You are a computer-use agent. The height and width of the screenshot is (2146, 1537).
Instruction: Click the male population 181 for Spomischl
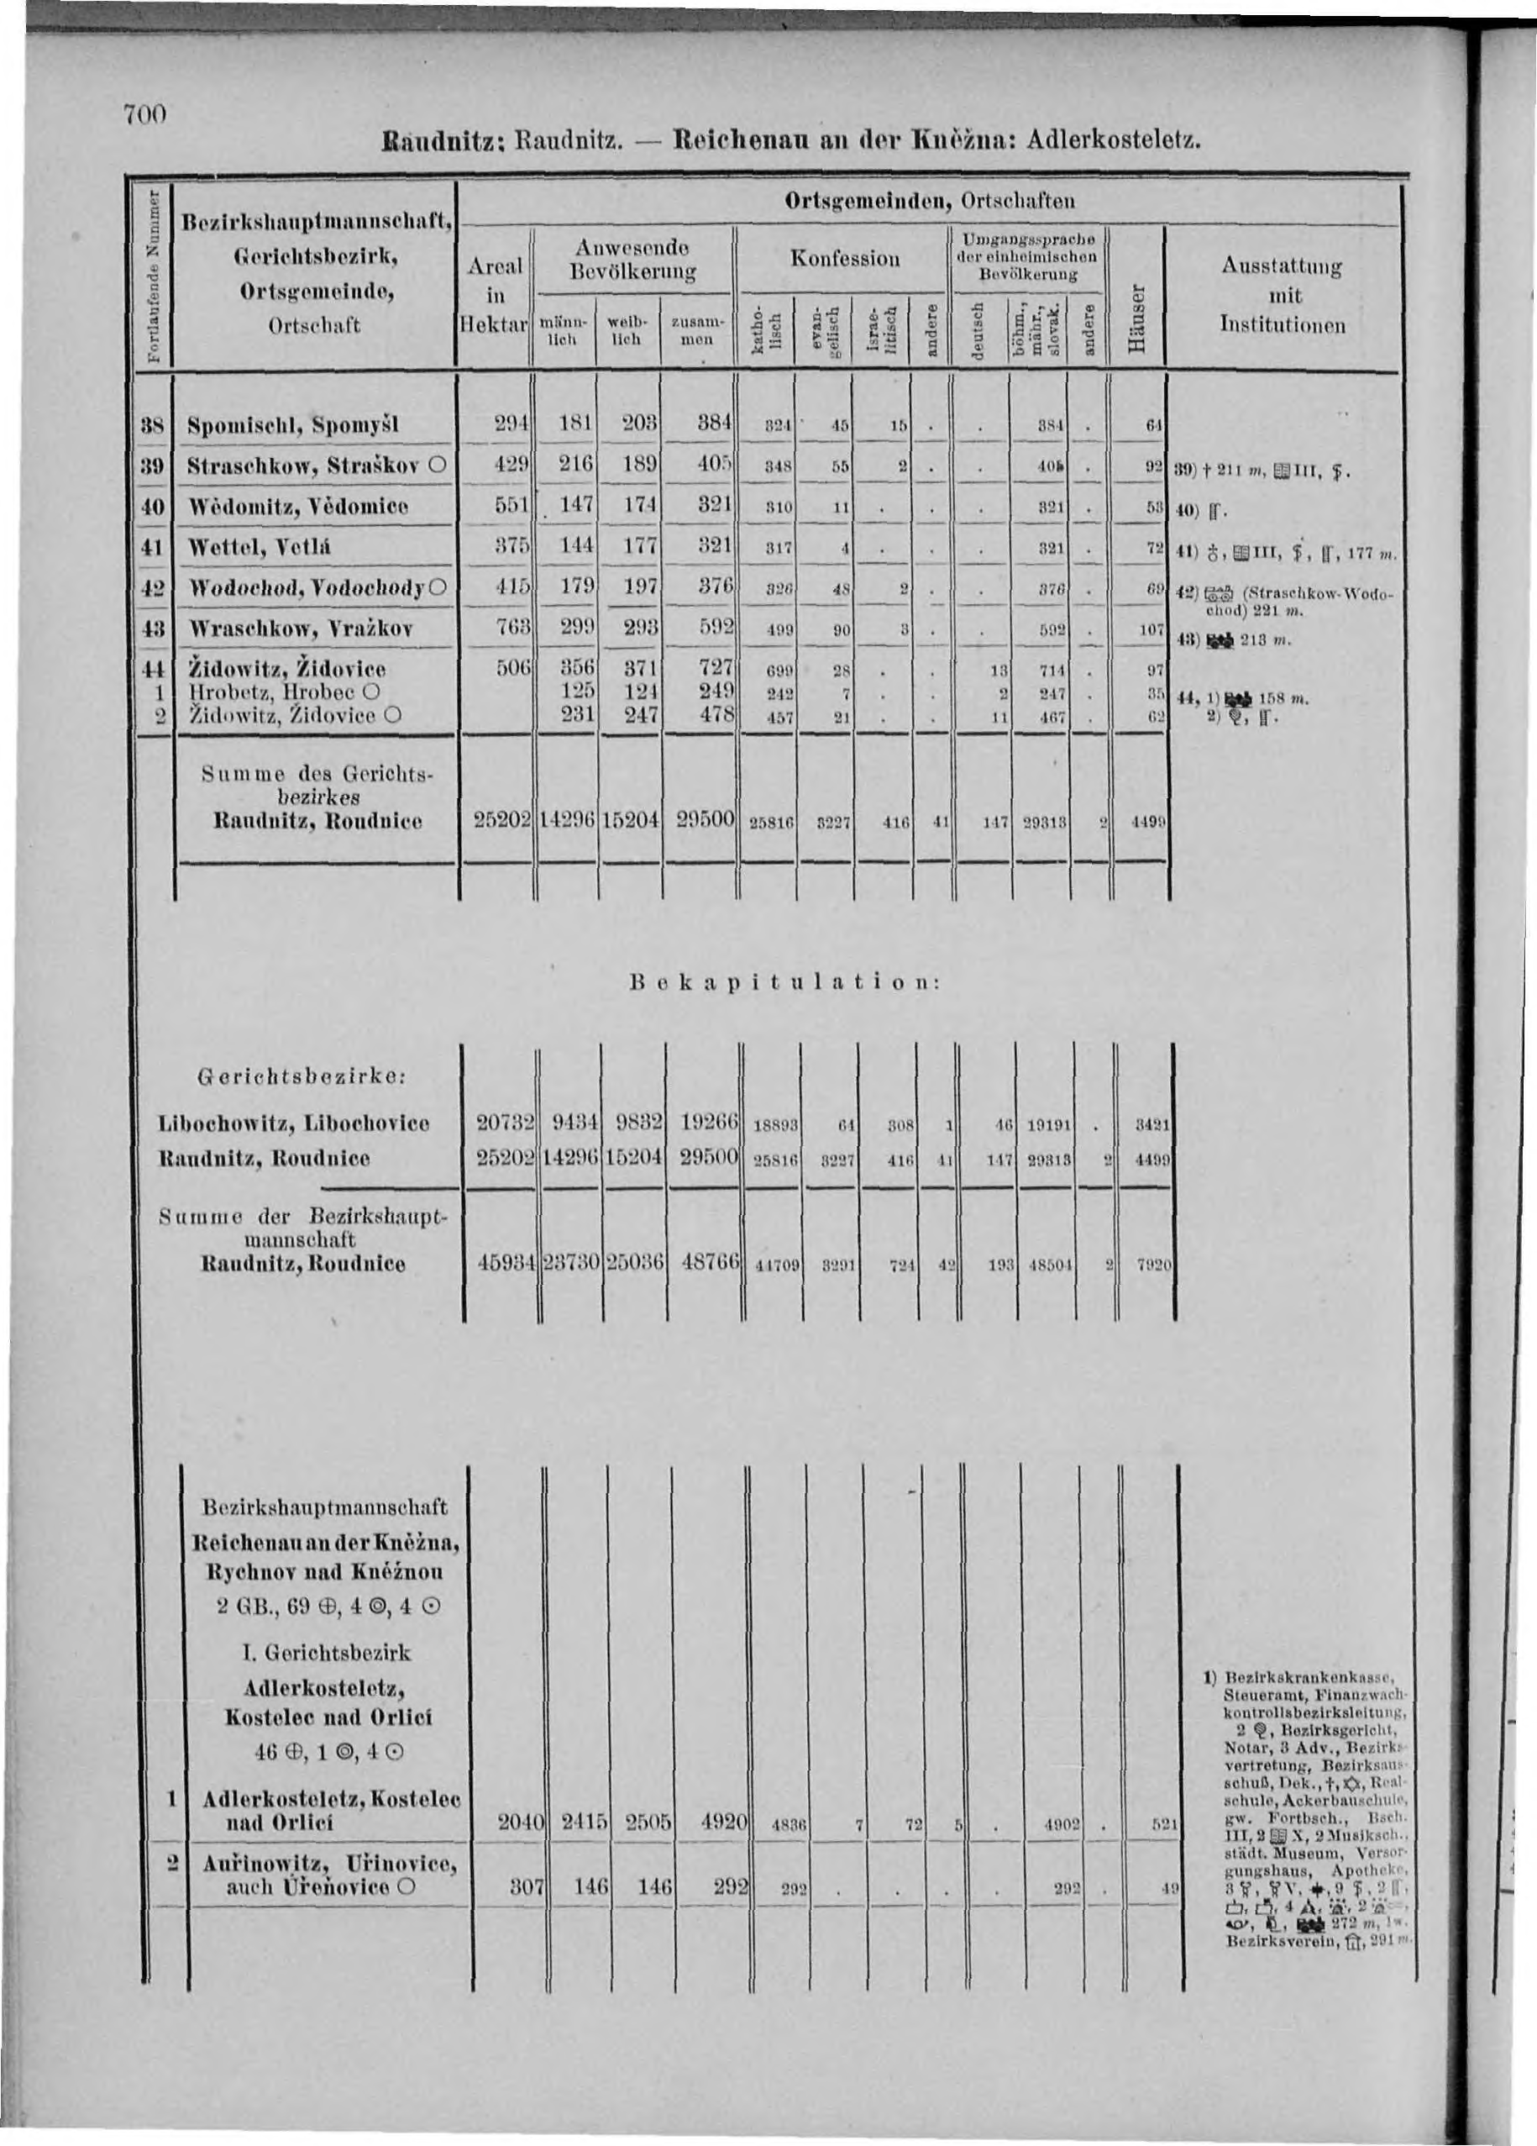575,423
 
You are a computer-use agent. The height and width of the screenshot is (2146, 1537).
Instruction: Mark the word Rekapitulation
784,982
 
